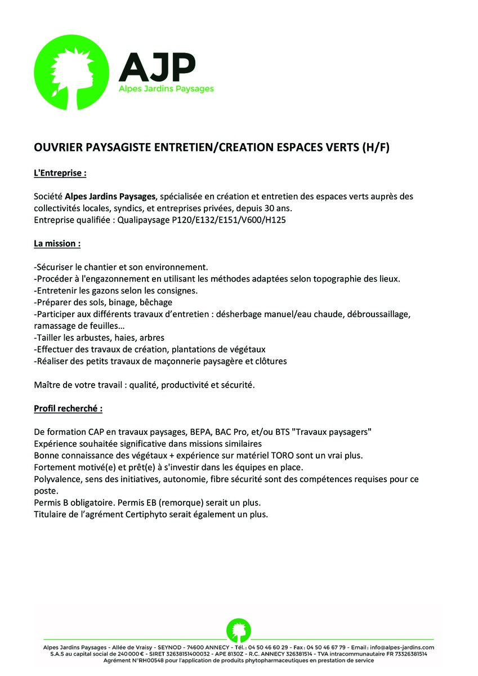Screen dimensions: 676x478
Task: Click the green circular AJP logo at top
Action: pyautogui.click(x=73, y=73)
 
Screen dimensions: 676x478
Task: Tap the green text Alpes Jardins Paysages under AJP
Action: pyautogui.click(x=166, y=89)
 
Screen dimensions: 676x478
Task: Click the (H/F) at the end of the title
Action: pyautogui.click(x=374, y=148)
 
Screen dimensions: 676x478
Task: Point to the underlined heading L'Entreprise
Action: pyautogui.click(x=60, y=173)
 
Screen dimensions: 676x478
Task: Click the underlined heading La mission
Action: pyautogui.click(x=57, y=244)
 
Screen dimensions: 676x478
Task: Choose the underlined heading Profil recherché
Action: pyautogui.click(x=68, y=408)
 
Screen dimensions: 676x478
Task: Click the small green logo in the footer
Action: pyautogui.click(x=239, y=630)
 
